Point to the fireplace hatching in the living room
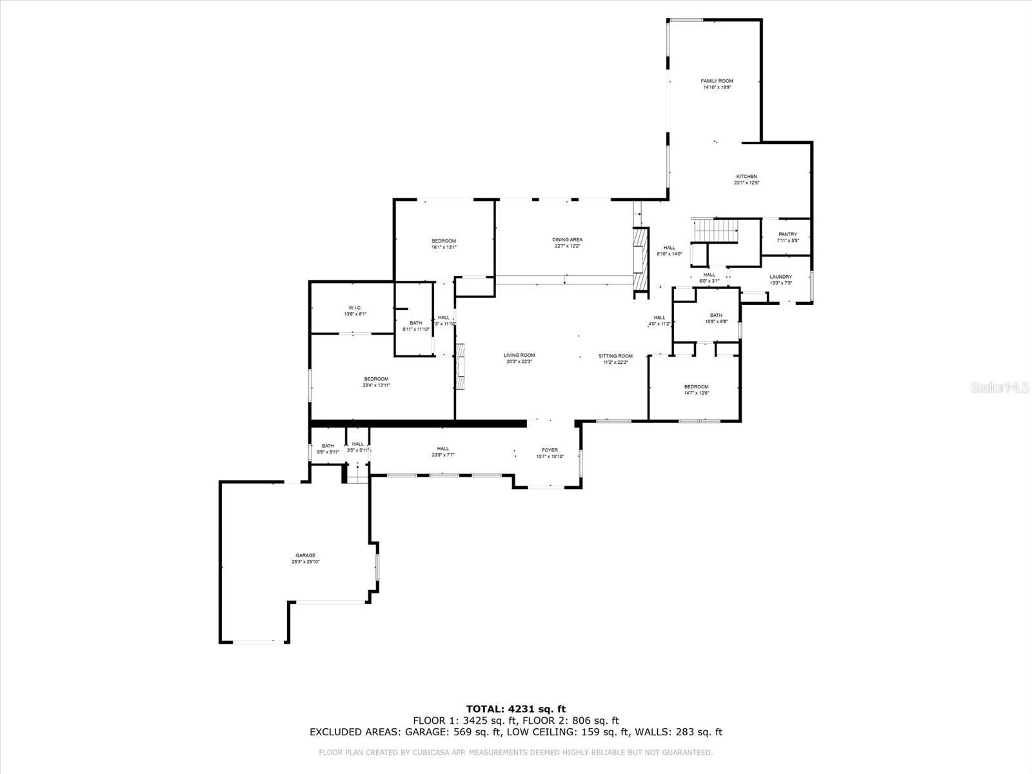[x=461, y=367]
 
